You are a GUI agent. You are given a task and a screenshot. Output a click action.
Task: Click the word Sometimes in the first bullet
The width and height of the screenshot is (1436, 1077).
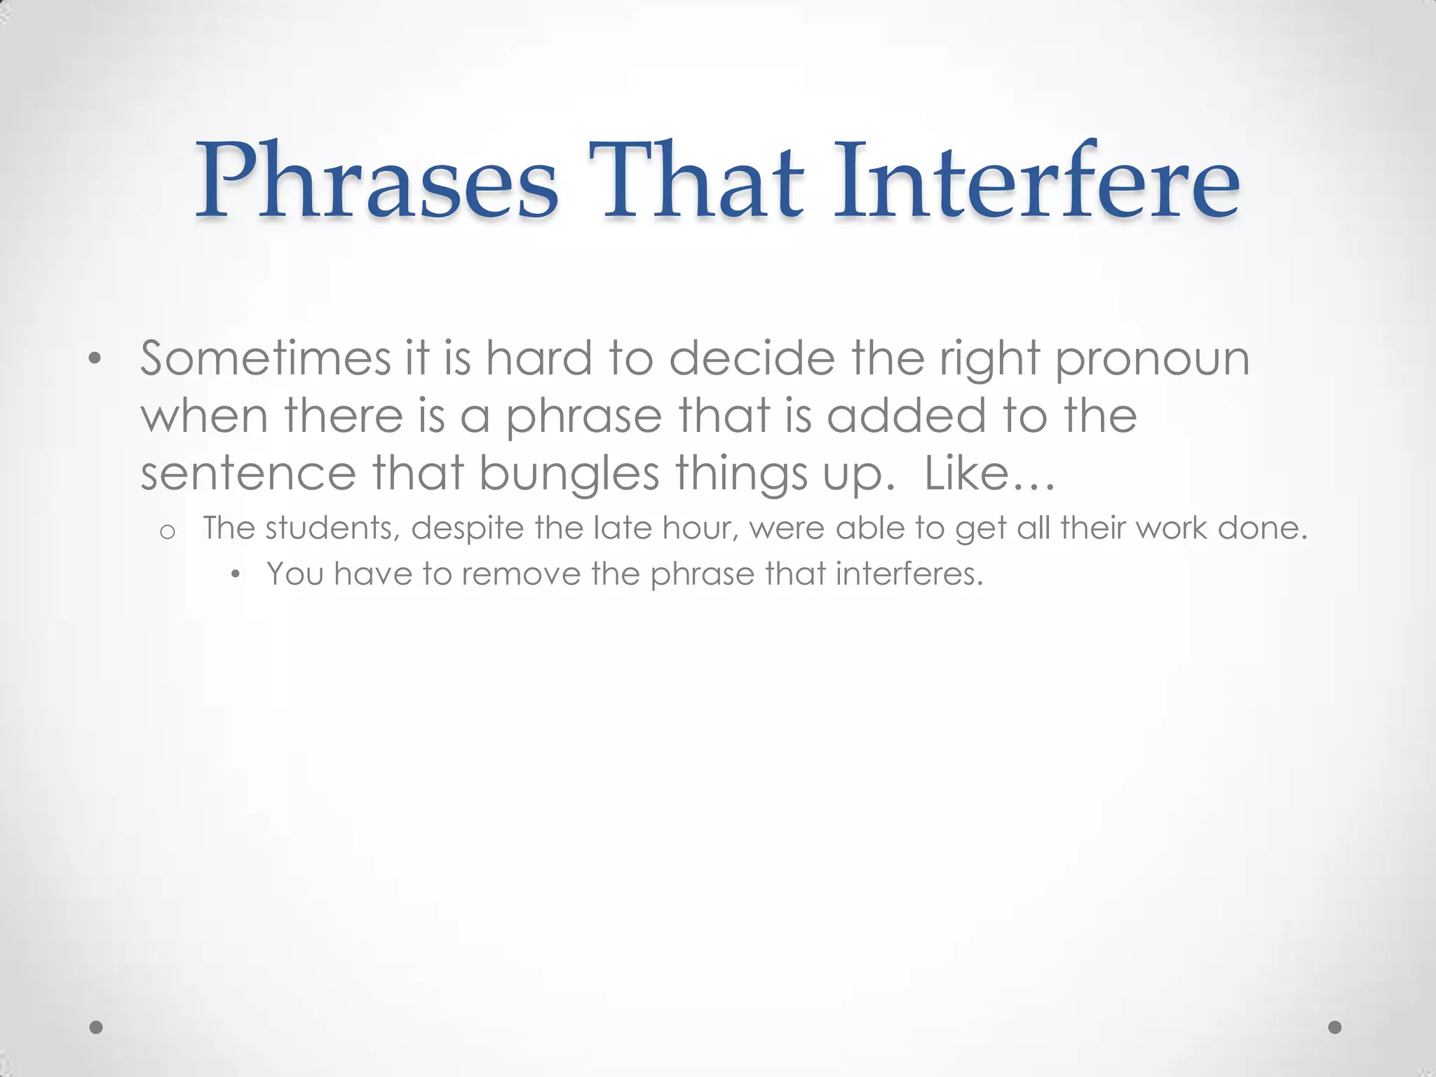pyautogui.click(x=265, y=358)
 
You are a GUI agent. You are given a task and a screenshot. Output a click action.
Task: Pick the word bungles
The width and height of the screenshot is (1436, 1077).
pyautogui.click(x=569, y=474)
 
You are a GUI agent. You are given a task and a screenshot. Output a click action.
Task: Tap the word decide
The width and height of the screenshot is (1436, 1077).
pyautogui.click(x=752, y=358)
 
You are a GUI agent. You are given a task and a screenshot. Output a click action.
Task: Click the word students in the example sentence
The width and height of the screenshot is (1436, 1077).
pyautogui.click(x=332, y=528)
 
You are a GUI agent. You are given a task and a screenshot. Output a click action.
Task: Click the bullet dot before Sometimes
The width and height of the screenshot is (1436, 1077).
pyautogui.click(x=95, y=360)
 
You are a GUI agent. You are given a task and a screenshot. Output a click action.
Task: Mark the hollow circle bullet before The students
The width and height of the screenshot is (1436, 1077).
pyautogui.click(x=167, y=532)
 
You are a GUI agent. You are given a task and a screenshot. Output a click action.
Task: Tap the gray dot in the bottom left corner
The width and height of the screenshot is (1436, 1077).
pyautogui.click(x=97, y=1027)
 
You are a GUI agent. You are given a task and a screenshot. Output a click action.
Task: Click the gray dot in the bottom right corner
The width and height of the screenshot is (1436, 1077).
pyautogui.click(x=1335, y=1027)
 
